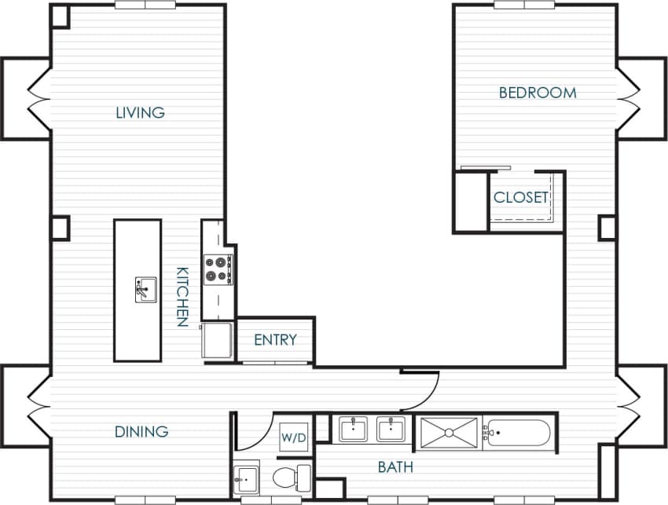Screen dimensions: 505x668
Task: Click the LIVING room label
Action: click(140, 112)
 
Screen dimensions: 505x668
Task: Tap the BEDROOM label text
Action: click(538, 93)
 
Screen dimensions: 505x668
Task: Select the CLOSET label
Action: click(520, 198)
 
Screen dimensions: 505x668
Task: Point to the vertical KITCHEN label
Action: click(182, 297)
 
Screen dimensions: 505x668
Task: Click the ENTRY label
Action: click(275, 340)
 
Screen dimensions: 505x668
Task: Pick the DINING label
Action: click(141, 431)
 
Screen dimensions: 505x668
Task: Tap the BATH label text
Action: click(395, 468)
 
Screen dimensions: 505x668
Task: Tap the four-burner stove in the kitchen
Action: click(217, 269)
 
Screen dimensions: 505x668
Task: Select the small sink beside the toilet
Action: click(247, 476)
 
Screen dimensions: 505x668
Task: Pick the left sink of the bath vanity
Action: click(353, 429)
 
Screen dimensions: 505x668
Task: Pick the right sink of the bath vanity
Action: click(391, 429)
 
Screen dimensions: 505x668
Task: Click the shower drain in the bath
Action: click(449, 432)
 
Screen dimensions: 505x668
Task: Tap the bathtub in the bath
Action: click(518, 433)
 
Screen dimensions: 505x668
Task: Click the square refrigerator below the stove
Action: click(217, 339)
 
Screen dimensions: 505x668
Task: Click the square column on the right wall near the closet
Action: click(607, 228)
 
